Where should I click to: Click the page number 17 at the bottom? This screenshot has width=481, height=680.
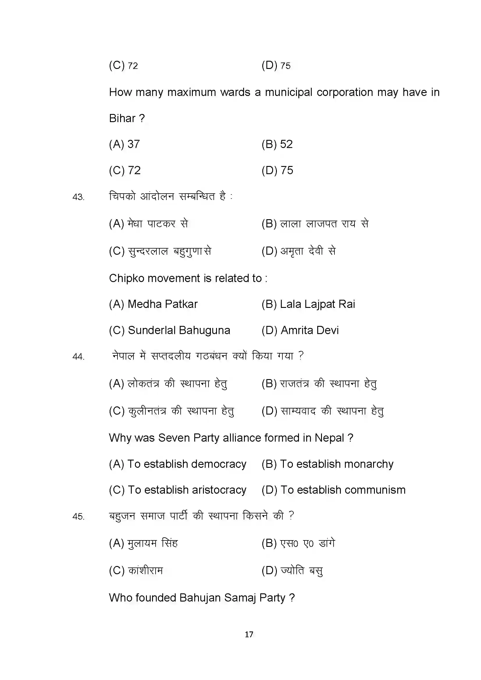(249, 634)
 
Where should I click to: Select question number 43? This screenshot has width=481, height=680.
(78, 197)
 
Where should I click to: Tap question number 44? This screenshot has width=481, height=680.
(78, 357)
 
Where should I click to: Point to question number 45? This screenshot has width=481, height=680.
(78, 517)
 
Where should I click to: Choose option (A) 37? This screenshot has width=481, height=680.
(124, 144)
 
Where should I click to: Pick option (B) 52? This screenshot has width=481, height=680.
(277, 144)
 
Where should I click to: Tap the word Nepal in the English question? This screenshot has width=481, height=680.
(329, 438)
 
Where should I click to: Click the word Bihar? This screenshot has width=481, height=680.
(122, 118)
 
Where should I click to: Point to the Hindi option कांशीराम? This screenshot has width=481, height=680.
(145, 570)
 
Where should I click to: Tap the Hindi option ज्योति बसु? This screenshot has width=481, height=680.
(302, 570)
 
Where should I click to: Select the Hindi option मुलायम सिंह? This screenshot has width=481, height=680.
(152, 543)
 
